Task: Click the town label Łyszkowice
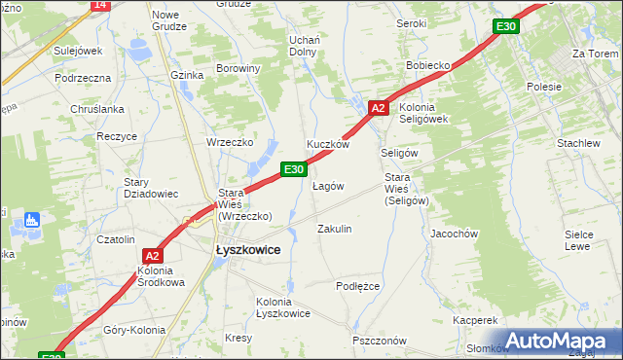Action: (247, 250)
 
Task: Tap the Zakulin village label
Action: (334, 229)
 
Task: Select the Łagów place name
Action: (327, 186)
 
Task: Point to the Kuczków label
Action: (328, 144)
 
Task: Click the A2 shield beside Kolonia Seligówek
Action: (380, 108)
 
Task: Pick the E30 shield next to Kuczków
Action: (295, 169)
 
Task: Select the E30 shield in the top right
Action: (504, 26)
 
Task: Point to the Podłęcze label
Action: (357, 286)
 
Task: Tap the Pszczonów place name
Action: (380, 341)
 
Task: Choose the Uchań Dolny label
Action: (306, 45)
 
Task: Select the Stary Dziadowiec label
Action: (150, 188)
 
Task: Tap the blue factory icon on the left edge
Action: (31, 220)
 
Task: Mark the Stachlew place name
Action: (578, 143)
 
